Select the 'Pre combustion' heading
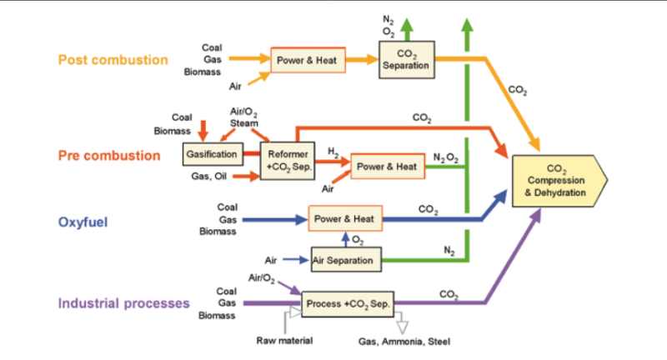click(x=109, y=156)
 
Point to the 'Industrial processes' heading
click(x=123, y=302)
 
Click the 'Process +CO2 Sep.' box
click(x=348, y=303)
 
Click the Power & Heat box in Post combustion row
click(x=307, y=60)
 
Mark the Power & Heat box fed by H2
click(x=386, y=167)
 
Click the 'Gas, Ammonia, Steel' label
click(x=401, y=341)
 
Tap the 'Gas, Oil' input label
click(x=208, y=176)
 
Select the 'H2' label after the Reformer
click(x=333, y=152)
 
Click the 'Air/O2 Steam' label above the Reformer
click(x=243, y=116)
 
